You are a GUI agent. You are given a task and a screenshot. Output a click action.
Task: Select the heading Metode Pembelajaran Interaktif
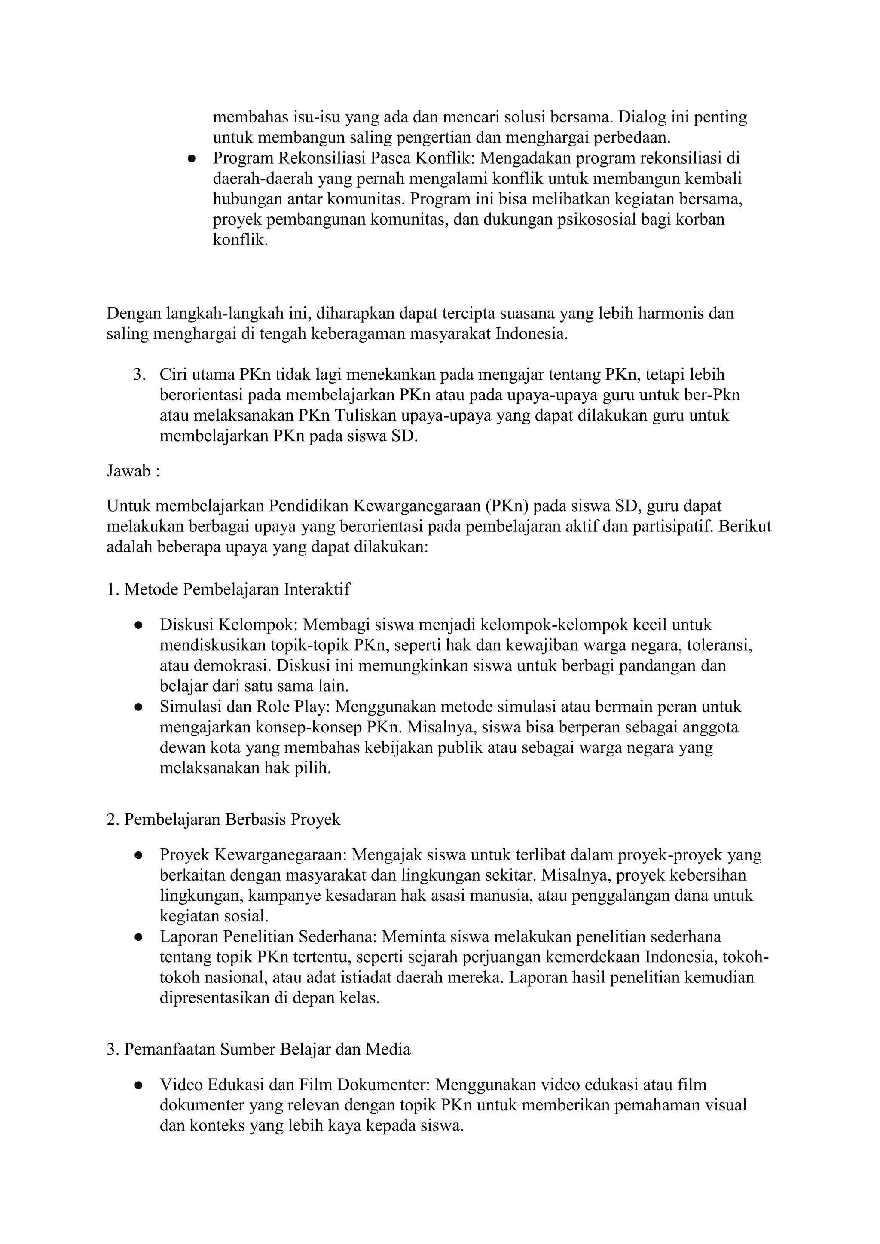click(237, 589)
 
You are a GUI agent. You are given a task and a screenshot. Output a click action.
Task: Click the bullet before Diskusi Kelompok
click(139, 625)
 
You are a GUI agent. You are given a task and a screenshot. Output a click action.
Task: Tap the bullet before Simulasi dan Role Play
click(139, 707)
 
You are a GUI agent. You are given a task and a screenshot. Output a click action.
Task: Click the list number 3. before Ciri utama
click(140, 375)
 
